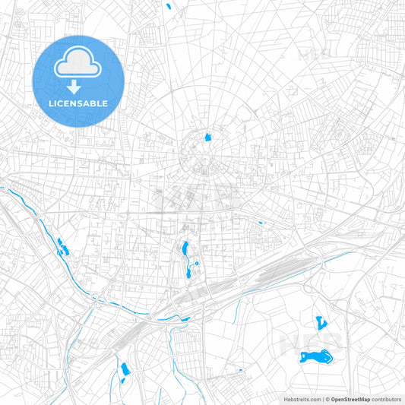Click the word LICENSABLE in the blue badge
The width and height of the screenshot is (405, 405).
tap(78, 103)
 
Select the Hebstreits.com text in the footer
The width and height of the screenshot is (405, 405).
tap(301, 399)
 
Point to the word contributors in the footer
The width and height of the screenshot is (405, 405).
tap(387, 399)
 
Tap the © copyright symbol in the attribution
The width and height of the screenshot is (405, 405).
tap(325, 399)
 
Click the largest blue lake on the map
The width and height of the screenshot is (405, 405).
tap(315, 355)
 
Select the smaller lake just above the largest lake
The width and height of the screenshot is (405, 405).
tap(321, 321)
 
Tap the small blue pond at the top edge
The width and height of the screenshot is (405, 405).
tap(168, 6)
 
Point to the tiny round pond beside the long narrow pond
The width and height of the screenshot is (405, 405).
tap(196, 264)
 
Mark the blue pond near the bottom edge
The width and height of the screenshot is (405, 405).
tap(125, 369)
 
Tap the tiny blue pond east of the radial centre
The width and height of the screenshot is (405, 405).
tap(260, 223)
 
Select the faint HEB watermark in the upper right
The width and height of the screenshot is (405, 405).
tap(312, 55)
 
